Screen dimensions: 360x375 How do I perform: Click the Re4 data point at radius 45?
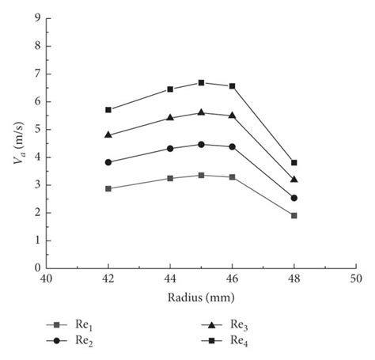coord(201,82)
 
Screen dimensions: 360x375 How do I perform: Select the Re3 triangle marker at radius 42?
coord(108,135)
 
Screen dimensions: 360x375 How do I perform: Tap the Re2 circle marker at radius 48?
coord(294,198)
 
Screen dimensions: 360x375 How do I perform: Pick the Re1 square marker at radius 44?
coord(170,178)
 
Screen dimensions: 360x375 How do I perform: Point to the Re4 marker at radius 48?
coord(294,162)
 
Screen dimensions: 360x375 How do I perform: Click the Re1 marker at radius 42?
coord(108,188)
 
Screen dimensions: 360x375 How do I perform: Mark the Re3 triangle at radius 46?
coord(232,116)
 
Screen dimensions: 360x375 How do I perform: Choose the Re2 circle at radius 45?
coord(201,144)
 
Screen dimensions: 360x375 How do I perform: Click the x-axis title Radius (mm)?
coord(201,299)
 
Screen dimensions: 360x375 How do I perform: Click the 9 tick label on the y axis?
coord(36,18)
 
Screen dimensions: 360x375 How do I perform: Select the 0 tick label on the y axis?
coord(36,268)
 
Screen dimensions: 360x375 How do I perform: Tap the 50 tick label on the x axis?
coord(356,279)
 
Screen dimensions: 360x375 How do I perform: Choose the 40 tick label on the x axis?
coord(46,279)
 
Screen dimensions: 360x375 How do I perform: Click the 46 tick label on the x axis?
coord(232,279)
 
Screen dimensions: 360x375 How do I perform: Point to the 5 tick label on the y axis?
coord(36,129)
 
